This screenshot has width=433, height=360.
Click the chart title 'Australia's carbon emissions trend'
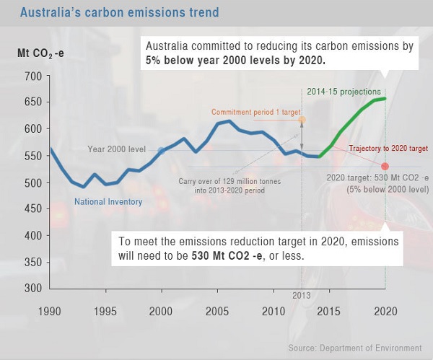119,13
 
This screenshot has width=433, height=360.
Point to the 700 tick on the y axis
31,76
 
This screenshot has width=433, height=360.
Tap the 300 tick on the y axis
31,289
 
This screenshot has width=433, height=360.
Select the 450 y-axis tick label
31,209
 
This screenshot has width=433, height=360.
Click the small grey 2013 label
301,296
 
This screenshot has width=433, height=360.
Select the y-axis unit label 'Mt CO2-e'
41,53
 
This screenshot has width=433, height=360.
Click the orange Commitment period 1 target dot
302,120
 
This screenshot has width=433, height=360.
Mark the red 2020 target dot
385,167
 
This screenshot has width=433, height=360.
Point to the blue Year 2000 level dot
162,151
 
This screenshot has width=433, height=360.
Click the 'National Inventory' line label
108,202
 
